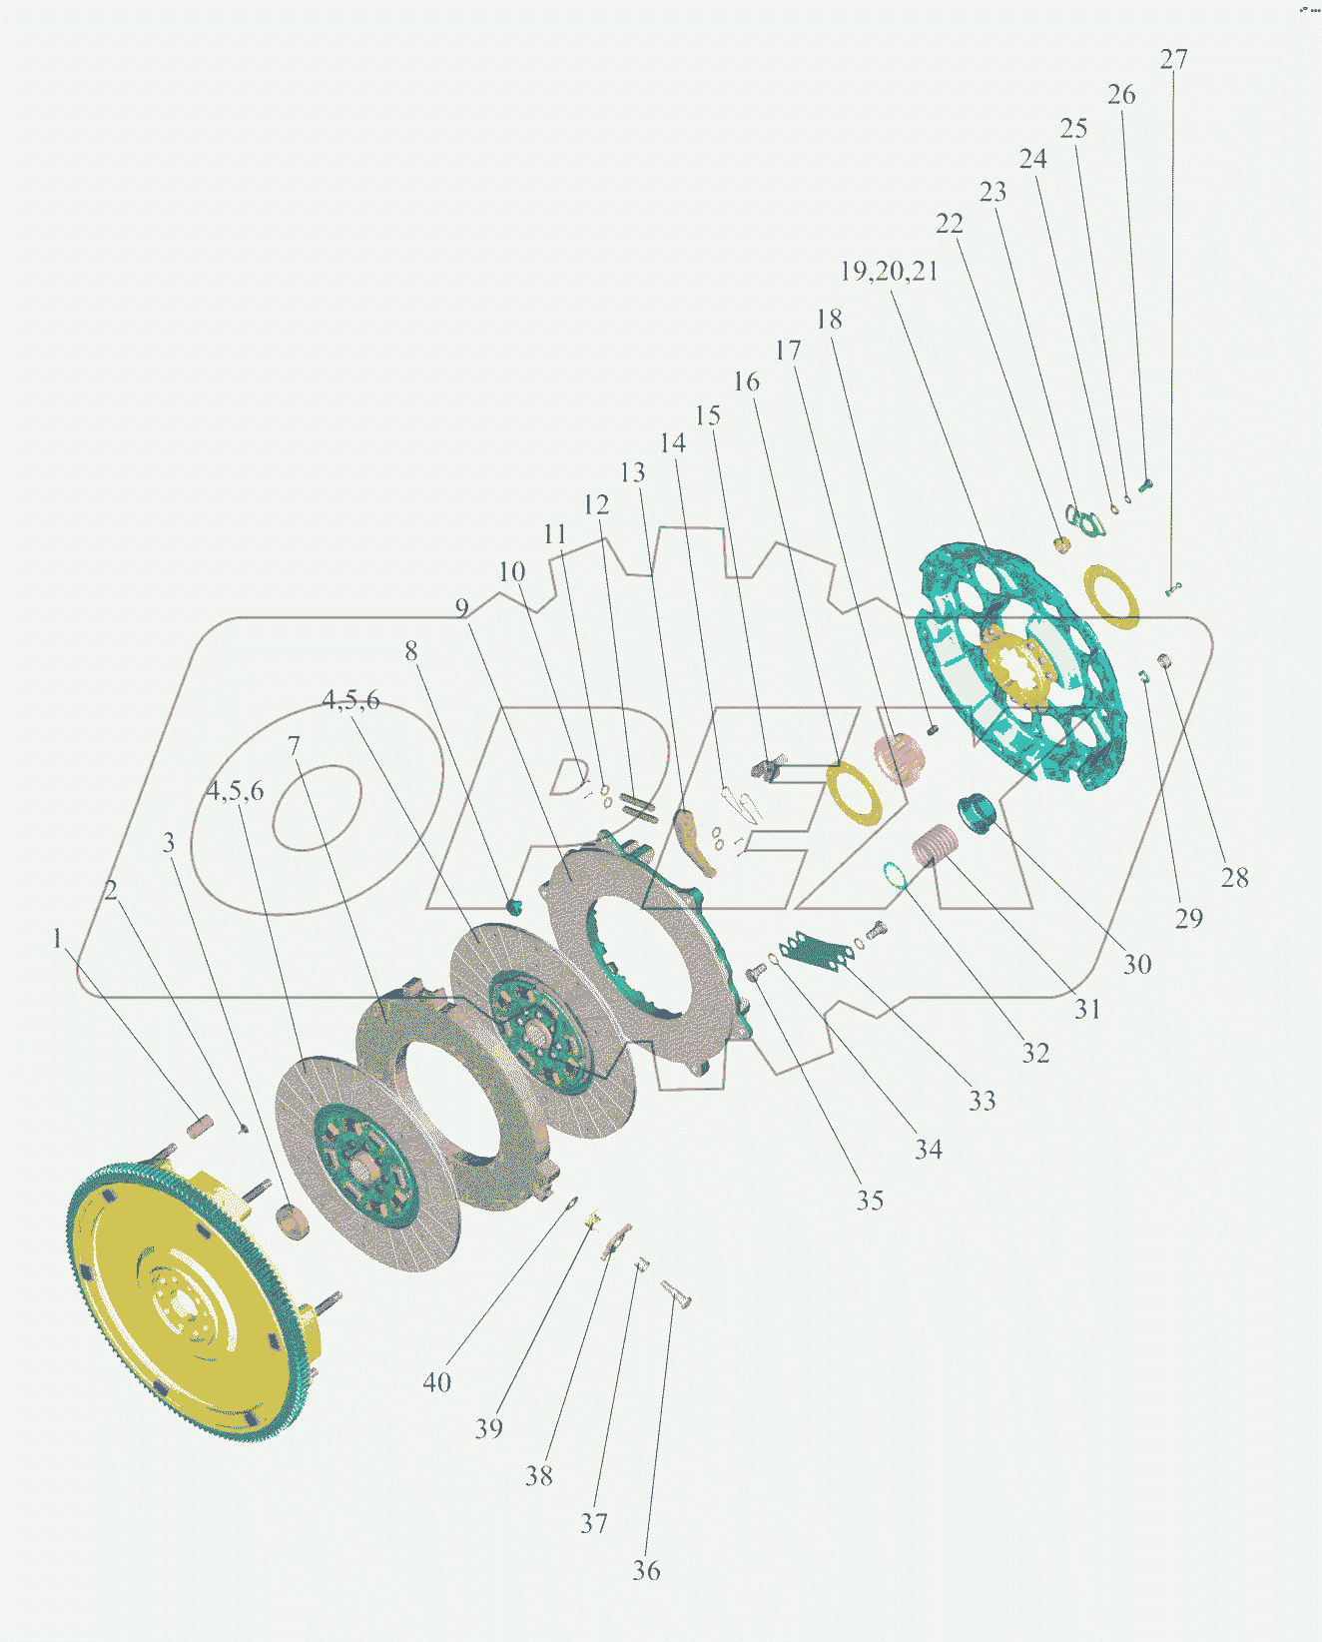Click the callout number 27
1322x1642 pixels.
[1173, 59]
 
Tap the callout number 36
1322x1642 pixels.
[646, 1569]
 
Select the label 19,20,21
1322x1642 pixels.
[889, 271]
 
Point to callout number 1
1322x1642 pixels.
[57, 939]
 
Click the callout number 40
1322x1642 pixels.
[437, 1381]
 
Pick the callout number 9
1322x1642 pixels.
[461, 608]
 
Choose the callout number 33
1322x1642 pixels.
[982, 1101]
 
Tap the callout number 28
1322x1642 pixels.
[1234, 878]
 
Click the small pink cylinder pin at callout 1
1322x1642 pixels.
[200, 1127]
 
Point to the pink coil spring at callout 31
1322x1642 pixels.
[936, 845]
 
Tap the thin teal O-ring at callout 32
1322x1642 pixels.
[895, 875]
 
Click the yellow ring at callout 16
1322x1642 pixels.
[854, 793]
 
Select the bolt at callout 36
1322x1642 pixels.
[677, 1294]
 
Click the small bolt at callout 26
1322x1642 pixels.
[1145, 484]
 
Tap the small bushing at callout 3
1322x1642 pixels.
[293, 1222]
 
